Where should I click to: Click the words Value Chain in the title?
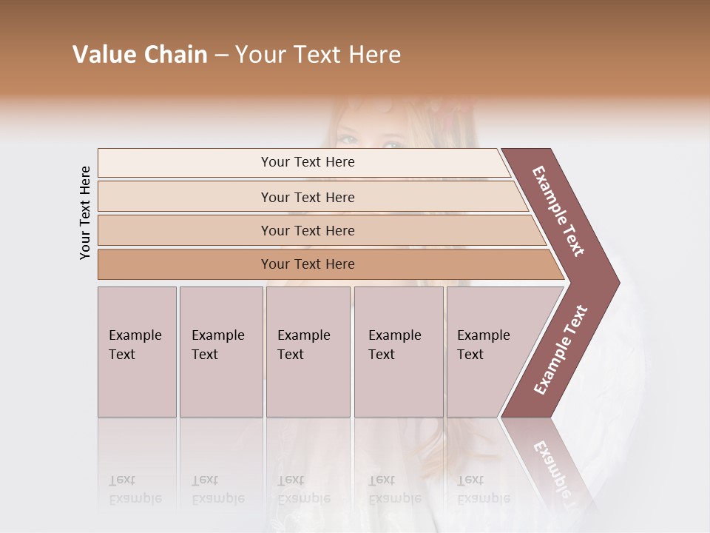coord(140,55)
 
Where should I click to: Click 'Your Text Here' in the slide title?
coord(318,55)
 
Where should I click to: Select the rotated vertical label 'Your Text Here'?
coord(85,212)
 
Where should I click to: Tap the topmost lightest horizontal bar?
coord(308,162)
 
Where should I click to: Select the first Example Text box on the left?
coord(137,352)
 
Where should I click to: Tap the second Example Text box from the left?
coord(220,352)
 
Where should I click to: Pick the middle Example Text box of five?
coord(308,352)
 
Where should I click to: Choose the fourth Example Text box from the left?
coord(399,352)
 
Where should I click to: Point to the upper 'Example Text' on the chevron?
coord(558,211)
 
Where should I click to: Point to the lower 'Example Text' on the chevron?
coord(561,349)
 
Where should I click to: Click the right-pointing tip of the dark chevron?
coord(614,283)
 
